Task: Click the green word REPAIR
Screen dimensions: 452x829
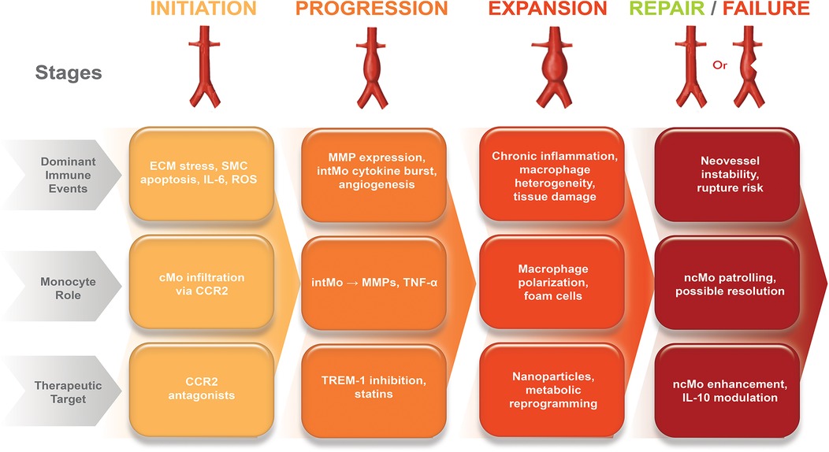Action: [x=682, y=10]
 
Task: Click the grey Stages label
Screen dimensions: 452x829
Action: [x=69, y=72]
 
